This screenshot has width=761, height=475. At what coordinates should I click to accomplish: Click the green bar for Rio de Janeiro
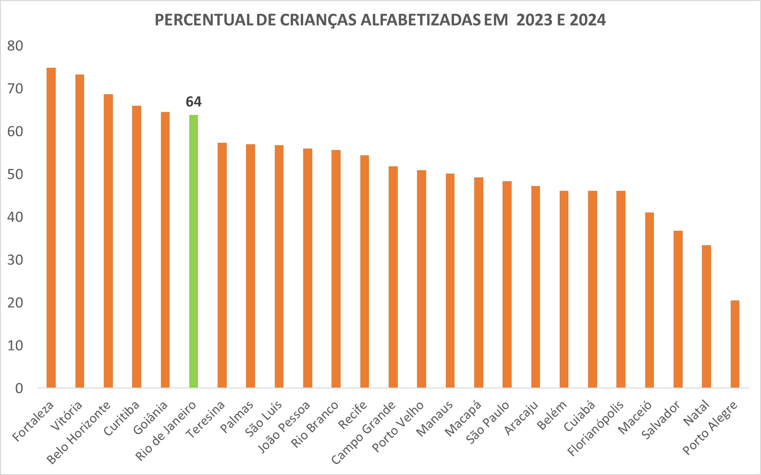194,251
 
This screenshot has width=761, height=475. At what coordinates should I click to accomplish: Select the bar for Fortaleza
51,228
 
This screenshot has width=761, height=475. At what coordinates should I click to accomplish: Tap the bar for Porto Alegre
735,344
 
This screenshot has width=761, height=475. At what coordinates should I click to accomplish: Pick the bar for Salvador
678,309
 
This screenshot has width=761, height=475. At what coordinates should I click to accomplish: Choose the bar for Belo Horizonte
108,241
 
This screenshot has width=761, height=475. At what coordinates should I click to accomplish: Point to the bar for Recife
365,271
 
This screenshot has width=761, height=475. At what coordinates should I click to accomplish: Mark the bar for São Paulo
507,284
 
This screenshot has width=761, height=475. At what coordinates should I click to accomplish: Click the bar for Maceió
649,300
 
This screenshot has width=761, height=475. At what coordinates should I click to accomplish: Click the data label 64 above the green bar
194,102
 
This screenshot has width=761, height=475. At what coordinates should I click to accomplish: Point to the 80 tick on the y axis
15,46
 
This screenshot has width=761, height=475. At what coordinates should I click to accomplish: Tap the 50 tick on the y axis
15,175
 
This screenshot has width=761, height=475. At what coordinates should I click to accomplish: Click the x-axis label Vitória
67,415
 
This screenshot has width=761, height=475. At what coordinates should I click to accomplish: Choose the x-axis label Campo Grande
364,433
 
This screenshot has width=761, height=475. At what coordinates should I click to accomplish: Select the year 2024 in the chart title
588,20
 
